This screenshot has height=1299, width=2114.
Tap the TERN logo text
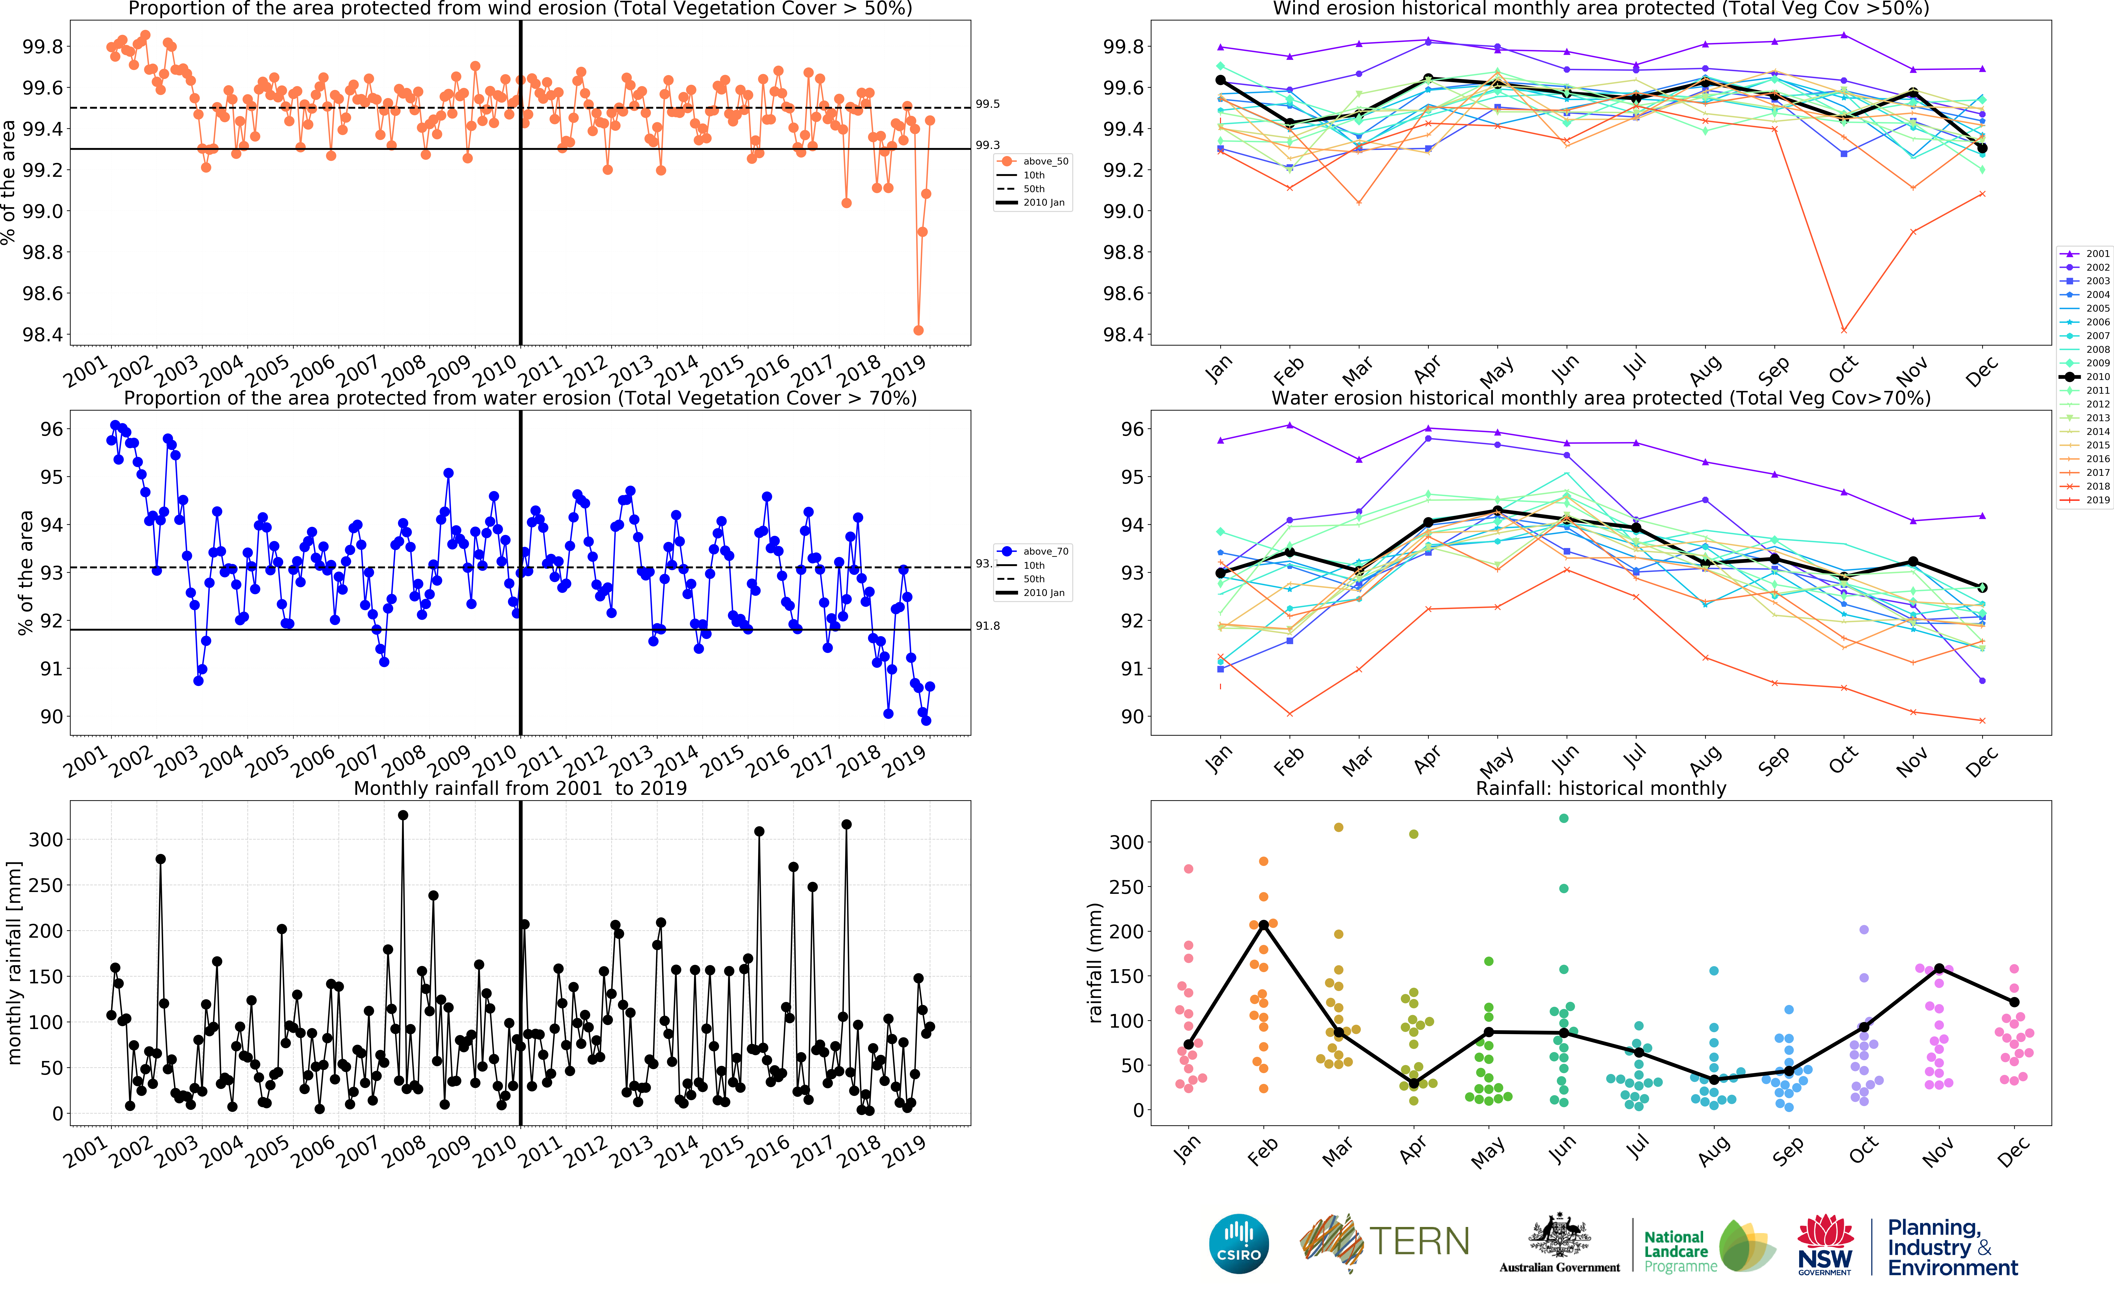tap(1418, 1241)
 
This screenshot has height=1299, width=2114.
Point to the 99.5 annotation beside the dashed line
tap(988, 104)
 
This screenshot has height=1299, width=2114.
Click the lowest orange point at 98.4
tap(919, 330)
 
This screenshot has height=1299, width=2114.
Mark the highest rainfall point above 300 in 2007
tap(403, 815)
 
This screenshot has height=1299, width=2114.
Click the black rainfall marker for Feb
tap(1263, 924)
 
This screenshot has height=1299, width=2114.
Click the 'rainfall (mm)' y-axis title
tap(1095, 962)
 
